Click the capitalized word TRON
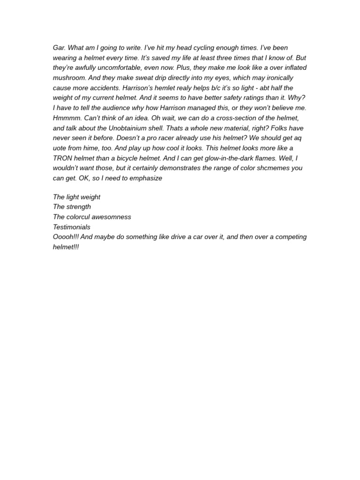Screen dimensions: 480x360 (x=63, y=158)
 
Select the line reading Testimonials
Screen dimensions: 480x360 (x=72, y=227)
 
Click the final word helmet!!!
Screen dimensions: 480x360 (x=66, y=247)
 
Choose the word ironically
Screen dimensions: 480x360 (x=278, y=78)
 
